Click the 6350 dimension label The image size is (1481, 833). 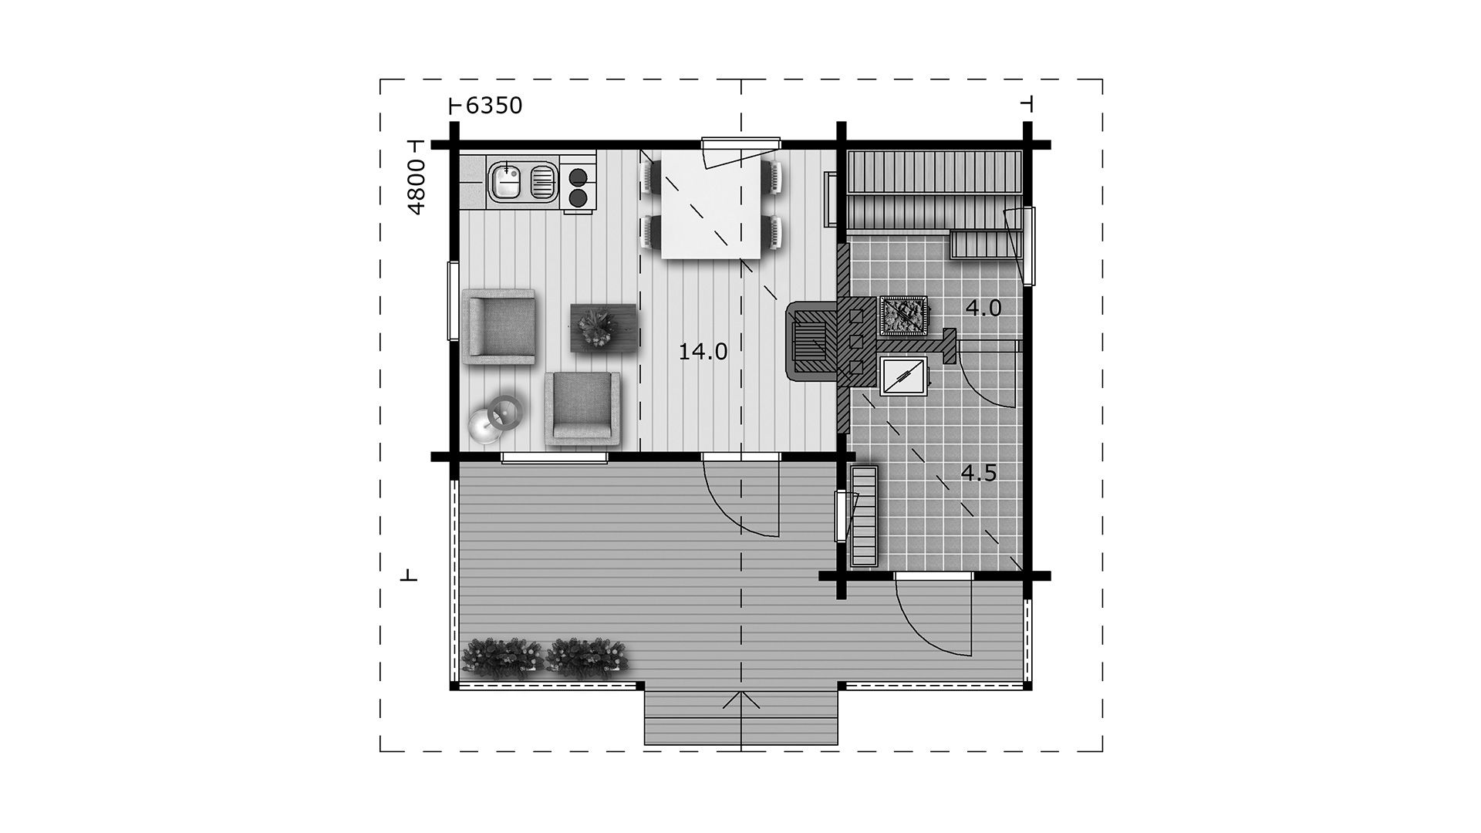494,106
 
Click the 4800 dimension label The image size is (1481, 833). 416,187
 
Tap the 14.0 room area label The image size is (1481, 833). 703,352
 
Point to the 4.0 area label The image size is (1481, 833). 983,309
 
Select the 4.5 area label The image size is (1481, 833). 979,473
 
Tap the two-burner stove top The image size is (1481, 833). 578,188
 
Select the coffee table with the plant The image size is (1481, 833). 601,328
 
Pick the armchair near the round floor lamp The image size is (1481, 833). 582,409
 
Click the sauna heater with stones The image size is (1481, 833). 903,316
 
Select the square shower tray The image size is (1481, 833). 903,376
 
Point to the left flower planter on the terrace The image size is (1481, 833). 502,657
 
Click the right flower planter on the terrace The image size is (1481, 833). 587,657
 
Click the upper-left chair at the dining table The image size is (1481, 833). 648,176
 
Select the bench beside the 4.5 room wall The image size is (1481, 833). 864,515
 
